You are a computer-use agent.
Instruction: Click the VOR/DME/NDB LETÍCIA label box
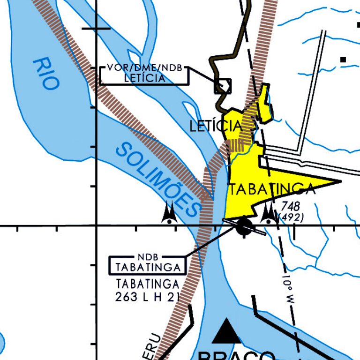[144, 74]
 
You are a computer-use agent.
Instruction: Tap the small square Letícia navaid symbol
[223, 86]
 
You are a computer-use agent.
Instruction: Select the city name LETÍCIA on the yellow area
[216, 126]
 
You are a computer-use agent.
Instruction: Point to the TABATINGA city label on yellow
[271, 189]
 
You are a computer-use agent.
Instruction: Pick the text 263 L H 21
[148, 297]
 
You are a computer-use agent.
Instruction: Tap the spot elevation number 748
[290, 207]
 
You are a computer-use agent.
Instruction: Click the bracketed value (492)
[291, 217]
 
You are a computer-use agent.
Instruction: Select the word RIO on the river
[47, 74]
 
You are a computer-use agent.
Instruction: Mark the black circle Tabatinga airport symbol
[244, 226]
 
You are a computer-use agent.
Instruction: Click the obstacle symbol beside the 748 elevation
[269, 213]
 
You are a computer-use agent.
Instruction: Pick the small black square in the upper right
[343, 60]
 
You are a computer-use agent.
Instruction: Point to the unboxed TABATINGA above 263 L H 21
[148, 284]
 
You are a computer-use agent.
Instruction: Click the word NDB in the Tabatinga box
[148, 257]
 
